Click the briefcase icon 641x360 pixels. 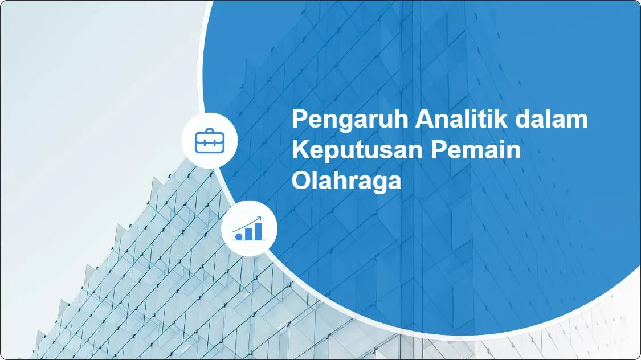[x=210, y=141]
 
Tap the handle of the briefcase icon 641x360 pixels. [x=210, y=133]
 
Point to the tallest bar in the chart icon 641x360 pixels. [x=258, y=231]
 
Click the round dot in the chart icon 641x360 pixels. [x=239, y=235]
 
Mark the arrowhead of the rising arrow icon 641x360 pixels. [x=260, y=218]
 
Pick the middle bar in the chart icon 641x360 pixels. [x=248, y=233]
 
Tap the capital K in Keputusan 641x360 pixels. [x=299, y=152]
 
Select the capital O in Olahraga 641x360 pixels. [x=300, y=182]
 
